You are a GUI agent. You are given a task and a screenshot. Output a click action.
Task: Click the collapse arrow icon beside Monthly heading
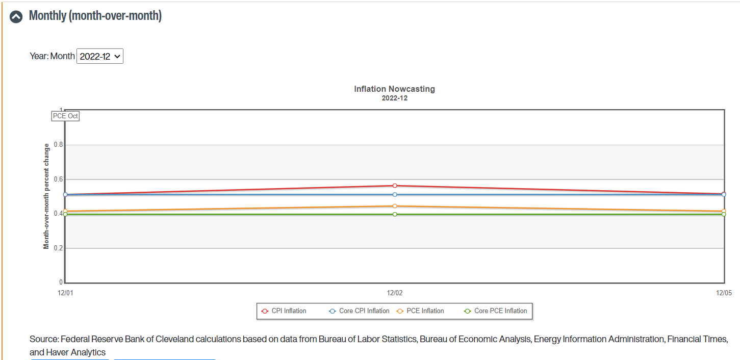(x=16, y=16)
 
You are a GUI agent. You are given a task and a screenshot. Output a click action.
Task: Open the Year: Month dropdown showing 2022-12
(x=100, y=56)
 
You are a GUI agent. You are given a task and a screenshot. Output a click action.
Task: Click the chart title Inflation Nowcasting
(x=394, y=89)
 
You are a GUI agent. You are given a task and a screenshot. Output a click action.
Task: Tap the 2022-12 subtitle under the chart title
(x=394, y=98)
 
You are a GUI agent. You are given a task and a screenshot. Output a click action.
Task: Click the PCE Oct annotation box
(x=65, y=116)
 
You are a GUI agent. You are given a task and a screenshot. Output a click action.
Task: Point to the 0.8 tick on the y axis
(x=59, y=145)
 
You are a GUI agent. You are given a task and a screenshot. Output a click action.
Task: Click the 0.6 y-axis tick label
(x=59, y=179)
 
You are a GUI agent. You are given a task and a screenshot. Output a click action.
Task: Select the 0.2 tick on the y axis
(x=59, y=248)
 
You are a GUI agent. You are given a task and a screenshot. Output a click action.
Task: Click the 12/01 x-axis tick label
(x=65, y=293)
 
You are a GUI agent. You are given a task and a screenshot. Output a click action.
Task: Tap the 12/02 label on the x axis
(x=395, y=293)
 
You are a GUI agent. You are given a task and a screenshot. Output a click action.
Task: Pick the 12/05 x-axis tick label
(x=724, y=293)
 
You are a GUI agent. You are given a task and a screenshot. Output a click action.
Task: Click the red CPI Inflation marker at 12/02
(x=395, y=186)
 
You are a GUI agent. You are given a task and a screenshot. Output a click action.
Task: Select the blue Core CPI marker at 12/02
(x=395, y=194)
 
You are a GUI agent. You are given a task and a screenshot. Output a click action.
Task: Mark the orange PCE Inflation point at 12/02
(x=395, y=206)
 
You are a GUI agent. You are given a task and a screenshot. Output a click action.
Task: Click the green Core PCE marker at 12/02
(x=395, y=214)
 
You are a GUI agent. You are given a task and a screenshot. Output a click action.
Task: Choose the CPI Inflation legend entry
(x=284, y=311)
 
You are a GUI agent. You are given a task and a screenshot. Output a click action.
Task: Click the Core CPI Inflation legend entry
(x=359, y=311)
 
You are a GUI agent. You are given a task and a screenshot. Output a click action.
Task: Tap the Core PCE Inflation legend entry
(x=496, y=311)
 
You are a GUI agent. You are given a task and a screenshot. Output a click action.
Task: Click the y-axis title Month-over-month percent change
(x=46, y=196)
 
